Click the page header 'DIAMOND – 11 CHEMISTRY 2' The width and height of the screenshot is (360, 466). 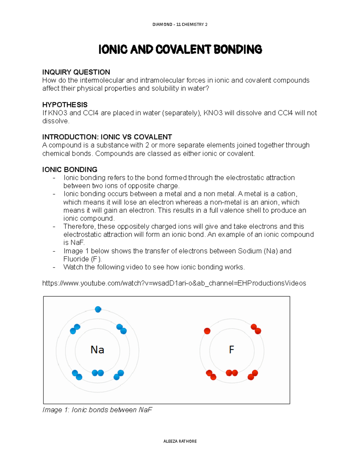(x=180, y=24)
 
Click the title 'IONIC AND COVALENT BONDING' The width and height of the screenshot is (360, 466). (x=180, y=50)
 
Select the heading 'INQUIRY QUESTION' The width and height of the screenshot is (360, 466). (x=76, y=72)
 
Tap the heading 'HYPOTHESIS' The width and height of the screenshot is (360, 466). (x=65, y=105)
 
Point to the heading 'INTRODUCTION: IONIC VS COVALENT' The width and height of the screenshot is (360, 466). (x=107, y=137)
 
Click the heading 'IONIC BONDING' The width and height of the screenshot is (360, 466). (x=70, y=170)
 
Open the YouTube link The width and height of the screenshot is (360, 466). (x=174, y=283)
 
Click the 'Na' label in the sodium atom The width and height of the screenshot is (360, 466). (x=97, y=350)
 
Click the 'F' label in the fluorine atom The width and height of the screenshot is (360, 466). (x=231, y=350)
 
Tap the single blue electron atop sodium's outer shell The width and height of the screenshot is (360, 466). (x=98, y=309)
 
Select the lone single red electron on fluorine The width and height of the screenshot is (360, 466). (x=207, y=331)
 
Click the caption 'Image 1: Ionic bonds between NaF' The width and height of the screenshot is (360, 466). (x=97, y=410)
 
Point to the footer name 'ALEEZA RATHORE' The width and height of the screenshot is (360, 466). (x=180, y=441)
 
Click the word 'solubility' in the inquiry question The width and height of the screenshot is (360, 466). (x=165, y=89)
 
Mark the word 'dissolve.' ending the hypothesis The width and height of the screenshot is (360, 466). (x=56, y=121)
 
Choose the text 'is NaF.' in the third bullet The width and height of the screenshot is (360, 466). (x=74, y=243)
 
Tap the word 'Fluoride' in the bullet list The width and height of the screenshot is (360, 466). (x=76, y=259)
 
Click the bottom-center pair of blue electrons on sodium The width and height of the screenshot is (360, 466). (x=97, y=373)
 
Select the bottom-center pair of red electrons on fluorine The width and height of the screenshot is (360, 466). (x=232, y=373)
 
